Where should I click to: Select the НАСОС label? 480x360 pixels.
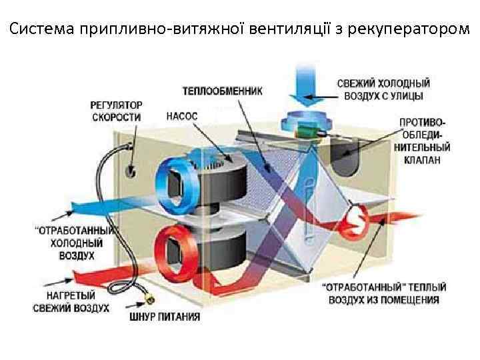pyautogui.click(x=182, y=115)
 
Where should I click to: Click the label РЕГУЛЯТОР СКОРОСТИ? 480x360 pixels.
pyautogui.click(x=116, y=111)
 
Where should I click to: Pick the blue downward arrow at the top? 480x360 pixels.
pyautogui.click(x=307, y=83)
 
